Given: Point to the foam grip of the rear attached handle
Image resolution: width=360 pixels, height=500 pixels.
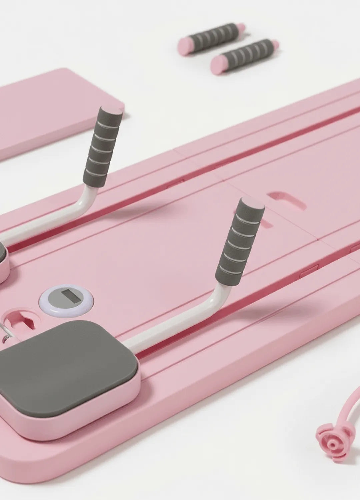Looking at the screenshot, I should [100, 147].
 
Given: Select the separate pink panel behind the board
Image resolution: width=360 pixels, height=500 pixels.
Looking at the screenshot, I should [50, 107].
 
